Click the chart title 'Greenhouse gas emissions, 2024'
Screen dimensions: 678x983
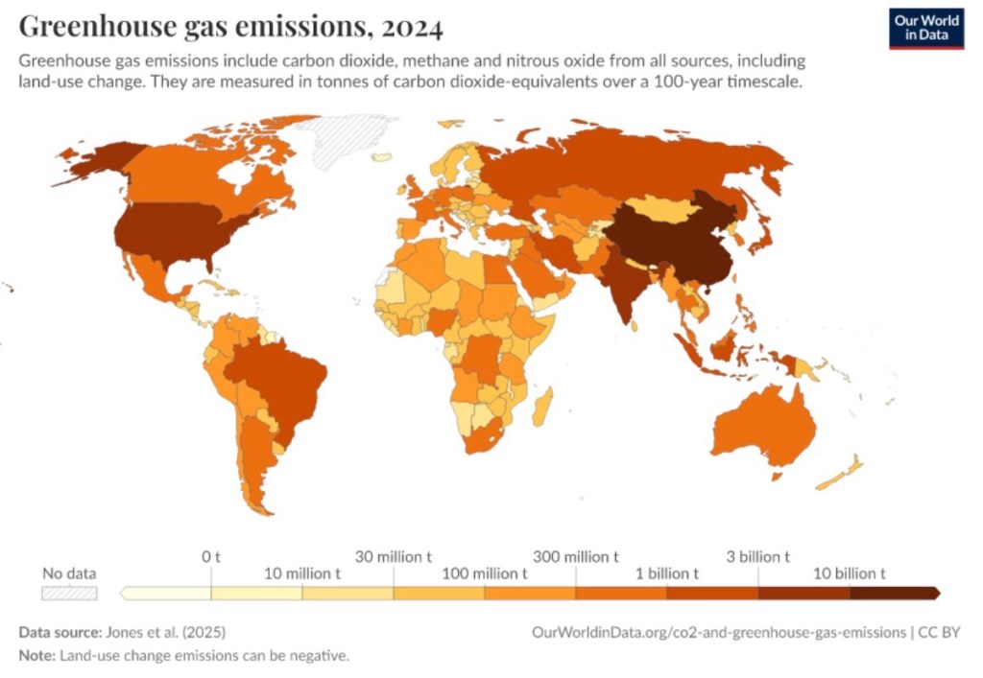coord(230,26)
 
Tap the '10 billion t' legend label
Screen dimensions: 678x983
coord(849,573)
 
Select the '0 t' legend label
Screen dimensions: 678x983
coord(211,556)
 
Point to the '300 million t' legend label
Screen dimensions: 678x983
coord(576,556)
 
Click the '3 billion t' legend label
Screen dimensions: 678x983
coord(757,556)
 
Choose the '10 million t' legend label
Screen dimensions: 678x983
coord(302,573)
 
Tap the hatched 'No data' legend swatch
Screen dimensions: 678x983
coord(69,594)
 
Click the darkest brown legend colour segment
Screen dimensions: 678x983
coord(893,594)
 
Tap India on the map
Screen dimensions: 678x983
coord(619,283)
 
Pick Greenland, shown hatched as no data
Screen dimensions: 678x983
coord(355,139)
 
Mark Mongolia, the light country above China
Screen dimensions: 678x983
coord(662,206)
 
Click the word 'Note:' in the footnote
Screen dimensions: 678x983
coord(37,656)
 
